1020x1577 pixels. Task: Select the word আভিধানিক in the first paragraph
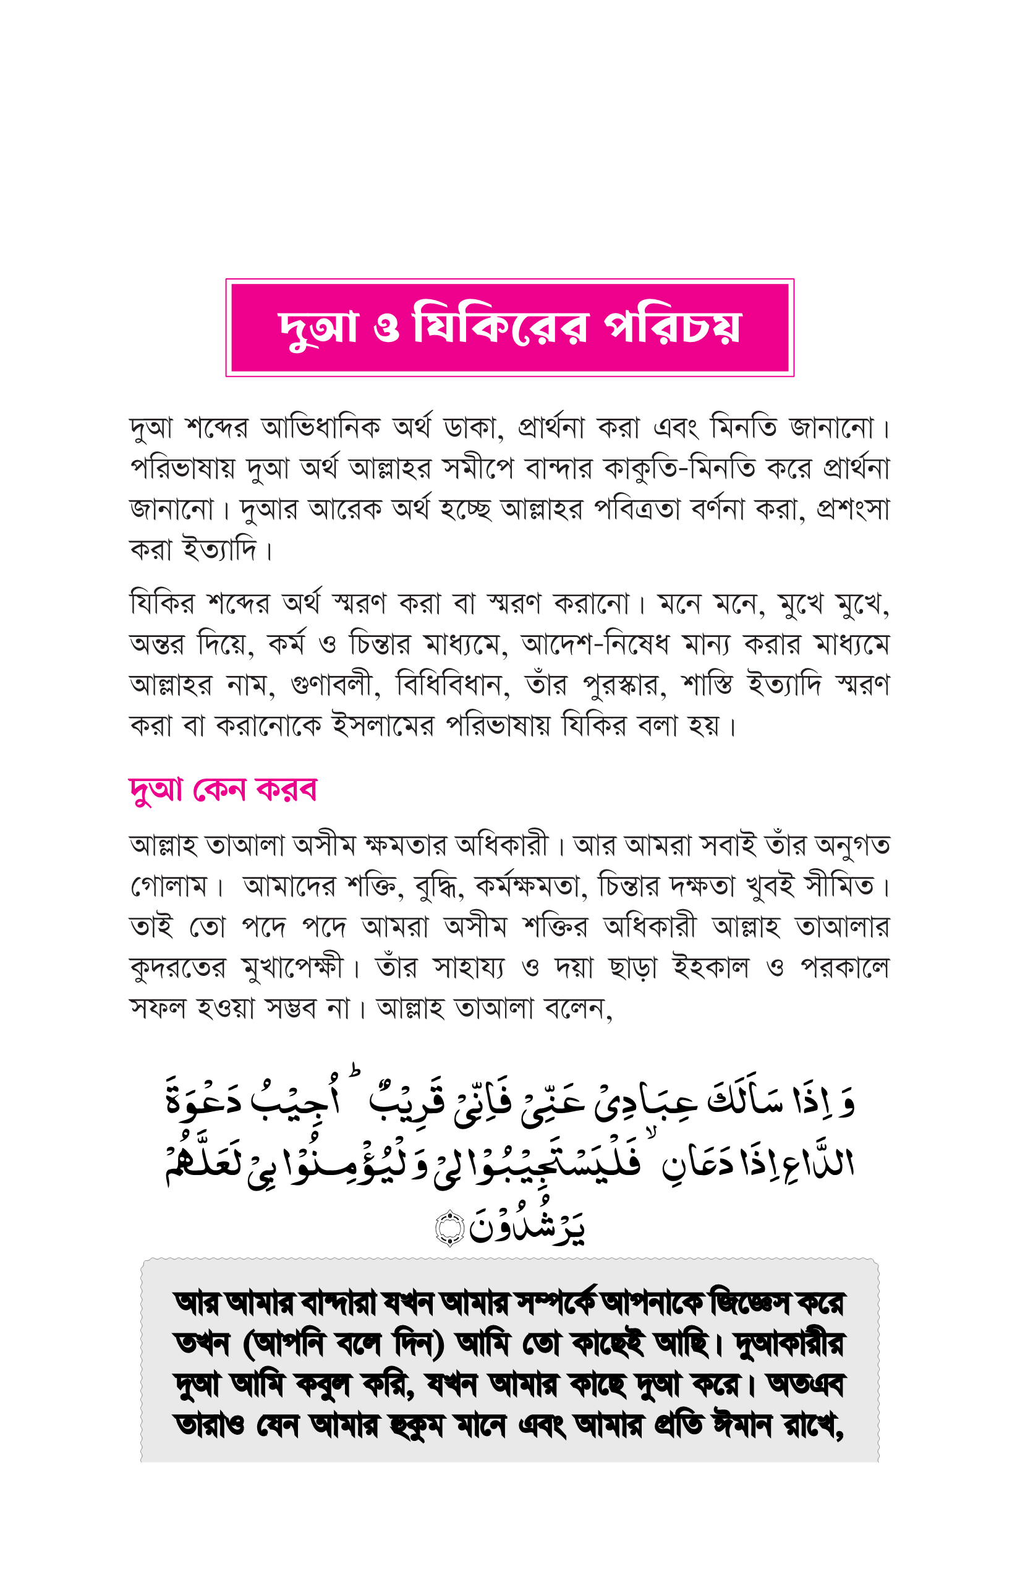(x=321, y=428)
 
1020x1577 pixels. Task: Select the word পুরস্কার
(x=624, y=685)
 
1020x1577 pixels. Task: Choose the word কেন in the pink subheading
(x=219, y=790)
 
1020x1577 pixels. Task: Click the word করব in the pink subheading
(x=287, y=790)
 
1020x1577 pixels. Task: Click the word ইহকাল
(x=710, y=968)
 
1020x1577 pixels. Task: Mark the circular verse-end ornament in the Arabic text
(x=450, y=1228)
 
